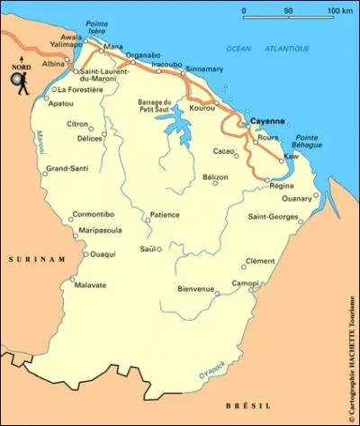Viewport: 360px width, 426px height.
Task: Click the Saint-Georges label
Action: (273, 216)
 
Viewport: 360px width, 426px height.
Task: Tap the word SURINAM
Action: (25, 259)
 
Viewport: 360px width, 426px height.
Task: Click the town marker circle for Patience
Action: (148, 220)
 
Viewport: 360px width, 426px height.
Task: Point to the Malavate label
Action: (91, 286)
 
